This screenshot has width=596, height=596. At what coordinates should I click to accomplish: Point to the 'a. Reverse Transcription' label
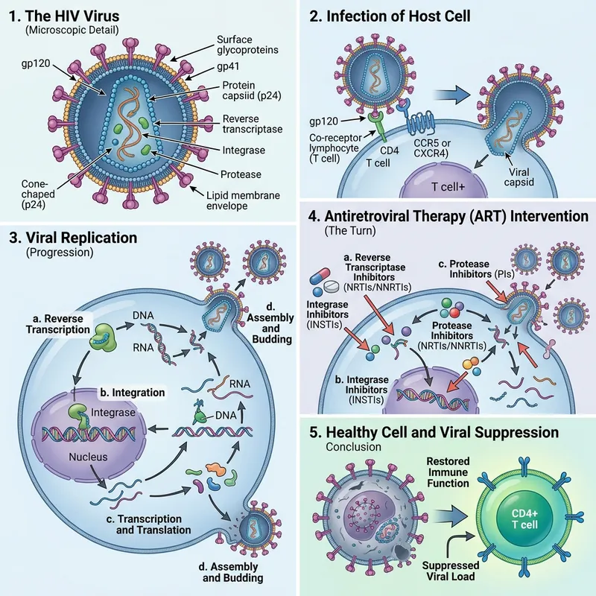click(57, 325)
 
